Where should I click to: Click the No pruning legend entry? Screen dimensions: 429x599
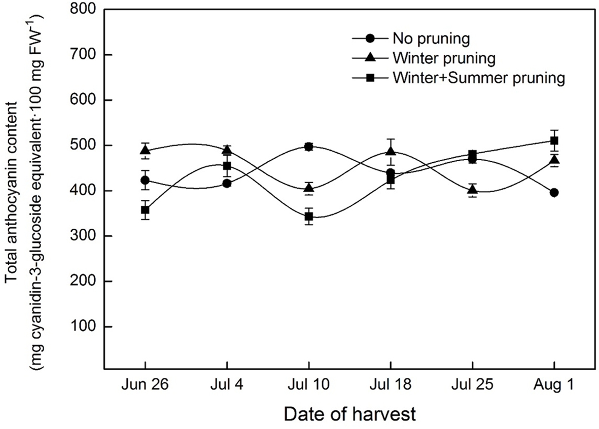[430, 39]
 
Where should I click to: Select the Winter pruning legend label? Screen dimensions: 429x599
[443, 58]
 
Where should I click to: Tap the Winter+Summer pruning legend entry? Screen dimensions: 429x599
[478, 78]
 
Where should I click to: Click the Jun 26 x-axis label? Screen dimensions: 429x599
[145, 385]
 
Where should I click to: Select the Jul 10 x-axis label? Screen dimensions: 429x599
[309, 385]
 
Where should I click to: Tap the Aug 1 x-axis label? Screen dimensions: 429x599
[554, 385]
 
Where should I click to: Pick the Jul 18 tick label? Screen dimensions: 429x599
[391, 385]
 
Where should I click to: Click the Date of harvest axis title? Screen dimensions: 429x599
[349, 414]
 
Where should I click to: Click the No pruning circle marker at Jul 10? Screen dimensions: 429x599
[309, 147]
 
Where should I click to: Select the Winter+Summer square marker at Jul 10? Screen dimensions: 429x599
[309, 217]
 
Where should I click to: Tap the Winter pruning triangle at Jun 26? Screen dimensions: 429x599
[146, 150]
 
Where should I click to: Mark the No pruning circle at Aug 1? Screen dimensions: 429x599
[554, 193]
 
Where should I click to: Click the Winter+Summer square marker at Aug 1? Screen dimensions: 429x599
[554, 140]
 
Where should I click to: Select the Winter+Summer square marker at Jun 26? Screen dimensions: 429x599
[146, 210]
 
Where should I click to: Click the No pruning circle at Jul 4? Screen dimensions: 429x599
[227, 184]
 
